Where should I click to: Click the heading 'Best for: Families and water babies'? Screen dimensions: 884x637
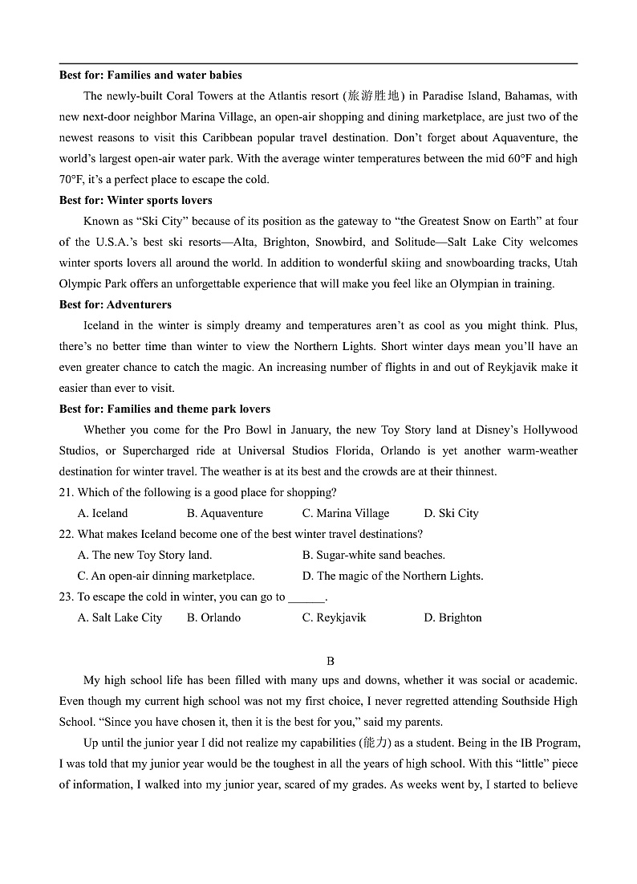150,75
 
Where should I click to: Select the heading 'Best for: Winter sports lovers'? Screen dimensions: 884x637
136,201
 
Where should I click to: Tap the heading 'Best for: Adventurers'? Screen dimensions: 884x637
115,305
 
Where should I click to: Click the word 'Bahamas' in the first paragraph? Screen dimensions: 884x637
530,96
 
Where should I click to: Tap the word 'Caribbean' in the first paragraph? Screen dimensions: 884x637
243,138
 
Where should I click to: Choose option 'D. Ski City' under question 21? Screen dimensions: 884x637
451,514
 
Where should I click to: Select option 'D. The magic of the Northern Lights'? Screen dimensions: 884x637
392,576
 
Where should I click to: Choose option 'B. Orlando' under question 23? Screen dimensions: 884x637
213,618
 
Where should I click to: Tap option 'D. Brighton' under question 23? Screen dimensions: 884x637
452,618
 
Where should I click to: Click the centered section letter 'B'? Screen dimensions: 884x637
330,662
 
